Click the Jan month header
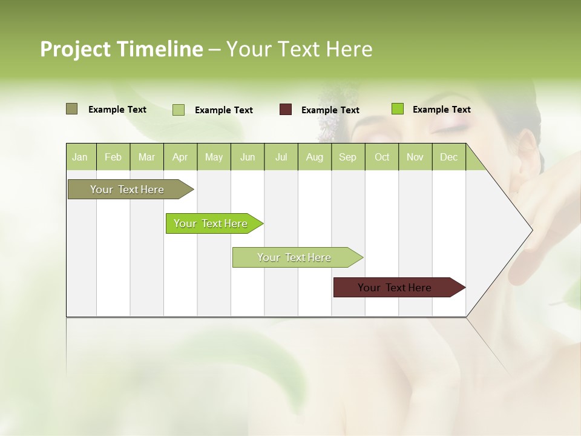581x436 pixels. (x=80, y=157)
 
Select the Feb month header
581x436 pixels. (x=113, y=157)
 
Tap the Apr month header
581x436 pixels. (x=180, y=157)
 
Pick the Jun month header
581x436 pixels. (x=248, y=157)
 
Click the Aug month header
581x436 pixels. (x=314, y=157)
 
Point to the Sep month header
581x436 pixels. (x=347, y=157)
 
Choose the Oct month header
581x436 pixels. (x=382, y=157)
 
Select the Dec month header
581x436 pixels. (x=448, y=157)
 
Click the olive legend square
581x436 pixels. (x=71, y=109)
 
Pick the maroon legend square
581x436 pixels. (x=286, y=110)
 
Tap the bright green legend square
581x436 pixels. (x=397, y=109)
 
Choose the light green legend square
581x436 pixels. (x=179, y=110)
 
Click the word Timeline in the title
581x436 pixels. (x=160, y=49)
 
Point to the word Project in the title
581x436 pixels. (x=75, y=49)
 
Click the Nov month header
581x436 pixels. (x=415, y=157)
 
